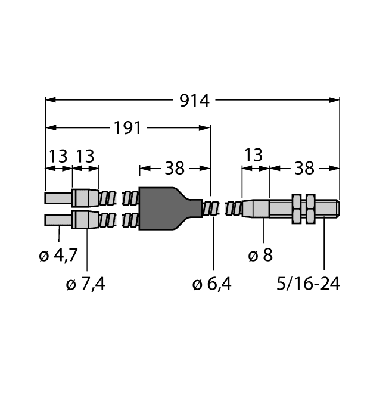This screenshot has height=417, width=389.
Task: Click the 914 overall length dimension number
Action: pyautogui.click(x=195, y=101)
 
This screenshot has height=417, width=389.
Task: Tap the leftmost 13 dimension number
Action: pyautogui.click(x=58, y=157)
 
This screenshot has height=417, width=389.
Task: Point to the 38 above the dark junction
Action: pyautogui.click(x=175, y=169)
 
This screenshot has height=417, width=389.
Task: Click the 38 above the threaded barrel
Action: pyautogui.click(x=304, y=169)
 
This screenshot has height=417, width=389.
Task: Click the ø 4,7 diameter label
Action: pyautogui.click(x=58, y=256)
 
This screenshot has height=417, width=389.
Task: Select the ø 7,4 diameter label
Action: pyautogui.click(x=87, y=284)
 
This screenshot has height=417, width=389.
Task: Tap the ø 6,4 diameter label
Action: pyautogui.click(x=212, y=284)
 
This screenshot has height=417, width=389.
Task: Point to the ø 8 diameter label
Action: pyautogui.click(x=260, y=256)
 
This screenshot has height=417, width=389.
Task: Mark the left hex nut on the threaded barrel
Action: pyautogui.click(x=297, y=208)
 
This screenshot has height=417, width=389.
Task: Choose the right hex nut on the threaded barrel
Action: pyautogui.click(x=310, y=208)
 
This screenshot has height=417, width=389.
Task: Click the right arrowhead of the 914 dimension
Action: pyautogui.click(x=337, y=100)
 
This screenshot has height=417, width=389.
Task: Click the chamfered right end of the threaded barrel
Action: pyautogui.click(x=338, y=208)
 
